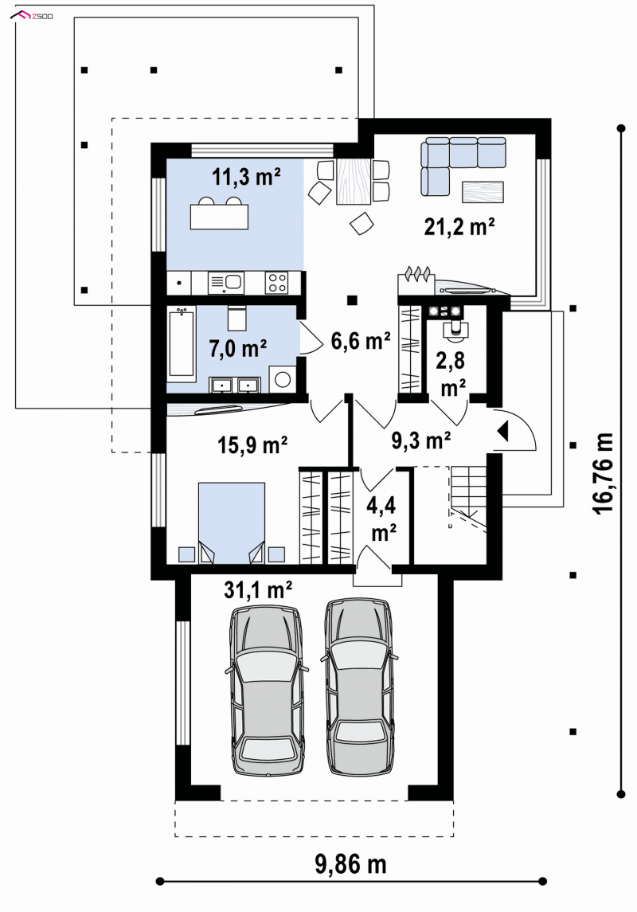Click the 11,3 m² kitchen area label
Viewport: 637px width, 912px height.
pyautogui.click(x=246, y=176)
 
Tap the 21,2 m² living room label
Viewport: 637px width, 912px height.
pyautogui.click(x=459, y=226)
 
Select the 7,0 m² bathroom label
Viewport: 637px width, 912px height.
pyautogui.click(x=238, y=348)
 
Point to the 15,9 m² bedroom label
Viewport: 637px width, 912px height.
pyautogui.click(x=253, y=445)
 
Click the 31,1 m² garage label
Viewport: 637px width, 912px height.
pyautogui.click(x=258, y=589)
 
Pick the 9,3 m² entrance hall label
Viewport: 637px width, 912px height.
pyautogui.click(x=421, y=440)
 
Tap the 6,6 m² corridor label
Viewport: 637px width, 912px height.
pyautogui.click(x=361, y=341)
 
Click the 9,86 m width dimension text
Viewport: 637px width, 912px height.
pyautogui.click(x=350, y=864)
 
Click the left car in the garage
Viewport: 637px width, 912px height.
pyautogui.click(x=267, y=691)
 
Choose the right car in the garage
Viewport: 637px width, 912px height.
pyautogui.click(x=358, y=687)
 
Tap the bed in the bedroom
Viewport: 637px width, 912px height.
pyautogui.click(x=232, y=523)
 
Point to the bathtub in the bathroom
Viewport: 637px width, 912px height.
pyautogui.click(x=182, y=344)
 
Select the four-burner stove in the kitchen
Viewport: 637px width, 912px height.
pyautogui.click(x=276, y=283)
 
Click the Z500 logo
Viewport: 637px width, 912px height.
pyautogui.click(x=33, y=15)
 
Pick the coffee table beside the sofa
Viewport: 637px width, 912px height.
pyautogui.click(x=483, y=192)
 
